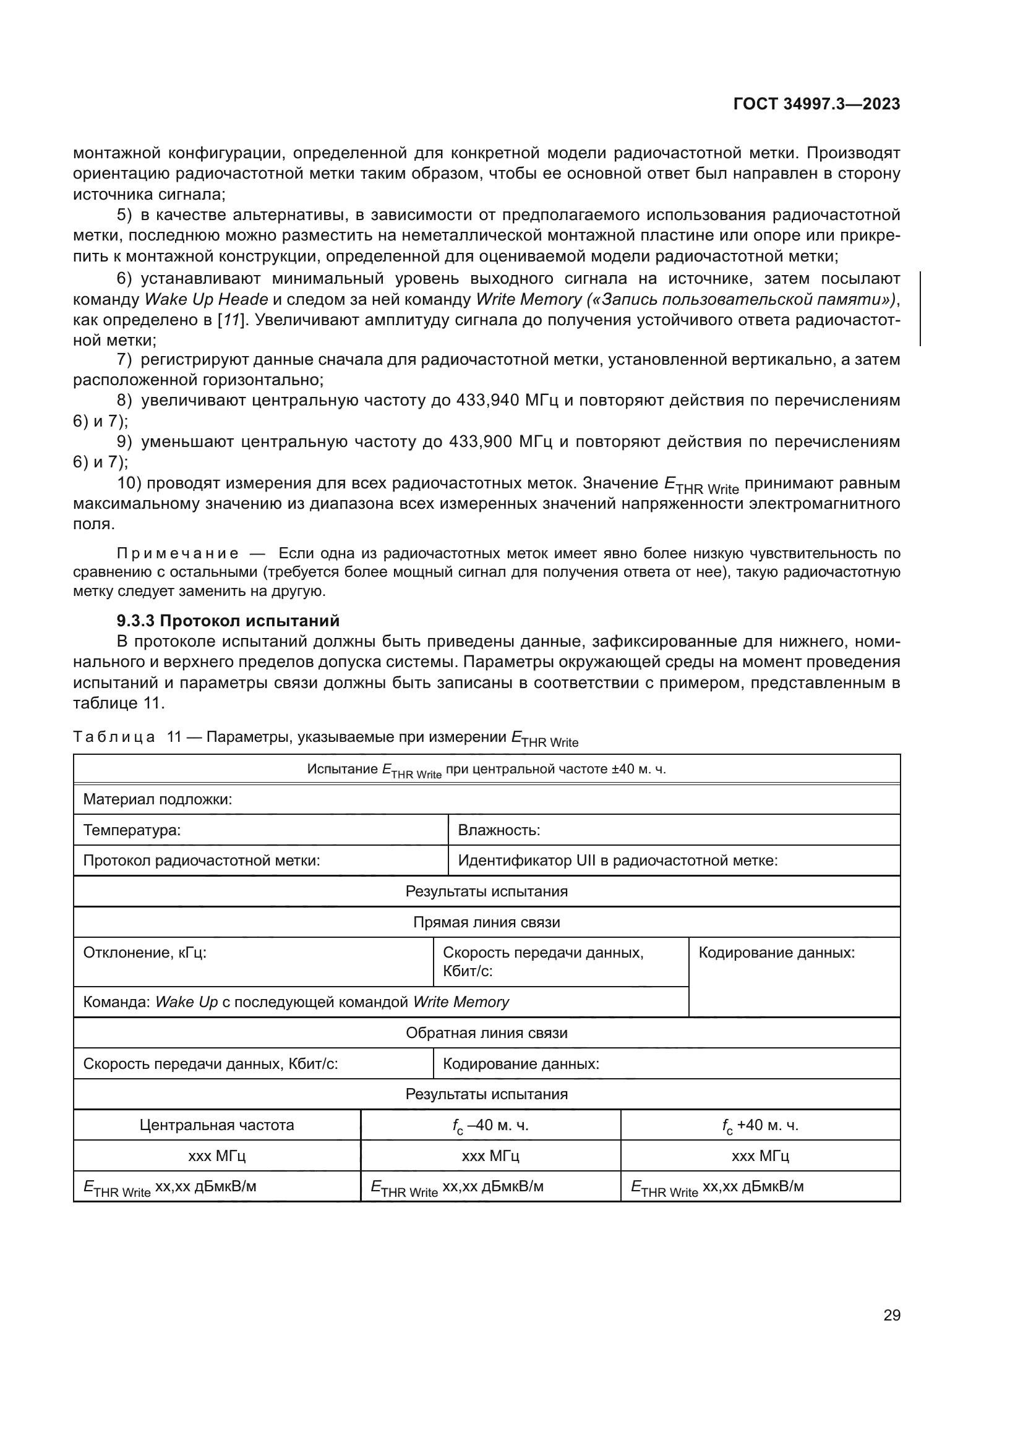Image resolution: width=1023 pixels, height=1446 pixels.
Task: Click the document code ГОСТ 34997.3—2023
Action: pos(816,104)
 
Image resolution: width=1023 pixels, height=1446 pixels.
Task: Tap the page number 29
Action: pos(891,1315)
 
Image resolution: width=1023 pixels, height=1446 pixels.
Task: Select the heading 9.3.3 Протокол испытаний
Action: pos(228,620)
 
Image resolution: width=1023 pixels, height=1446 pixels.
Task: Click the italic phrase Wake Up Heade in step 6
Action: pos(206,299)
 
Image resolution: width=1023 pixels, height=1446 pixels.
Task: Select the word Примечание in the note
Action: pos(178,553)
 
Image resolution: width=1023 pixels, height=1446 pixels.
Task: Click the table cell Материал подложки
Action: pos(158,799)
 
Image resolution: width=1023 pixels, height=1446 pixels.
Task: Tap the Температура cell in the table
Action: pos(132,830)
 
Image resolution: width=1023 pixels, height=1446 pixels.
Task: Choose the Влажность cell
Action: pos(499,830)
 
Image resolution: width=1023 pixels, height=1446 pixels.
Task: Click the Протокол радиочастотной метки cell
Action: pos(202,861)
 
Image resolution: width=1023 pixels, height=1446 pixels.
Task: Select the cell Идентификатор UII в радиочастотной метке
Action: pos(617,861)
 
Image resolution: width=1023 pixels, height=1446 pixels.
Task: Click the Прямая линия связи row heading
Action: pos(486,922)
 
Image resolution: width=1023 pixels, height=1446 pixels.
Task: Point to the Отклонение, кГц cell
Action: pos(145,953)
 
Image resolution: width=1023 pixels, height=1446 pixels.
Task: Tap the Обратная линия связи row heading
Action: pos(486,1033)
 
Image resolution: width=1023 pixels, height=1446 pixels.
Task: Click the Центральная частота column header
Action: pos(216,1125)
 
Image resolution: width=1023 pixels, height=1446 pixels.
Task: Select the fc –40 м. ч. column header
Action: pos(490,1125)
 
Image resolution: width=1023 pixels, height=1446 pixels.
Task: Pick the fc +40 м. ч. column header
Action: pos(760,1125)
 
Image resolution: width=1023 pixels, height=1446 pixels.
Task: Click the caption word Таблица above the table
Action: pos(114,737)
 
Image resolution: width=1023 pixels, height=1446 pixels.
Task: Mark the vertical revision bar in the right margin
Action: pos(920,308)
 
